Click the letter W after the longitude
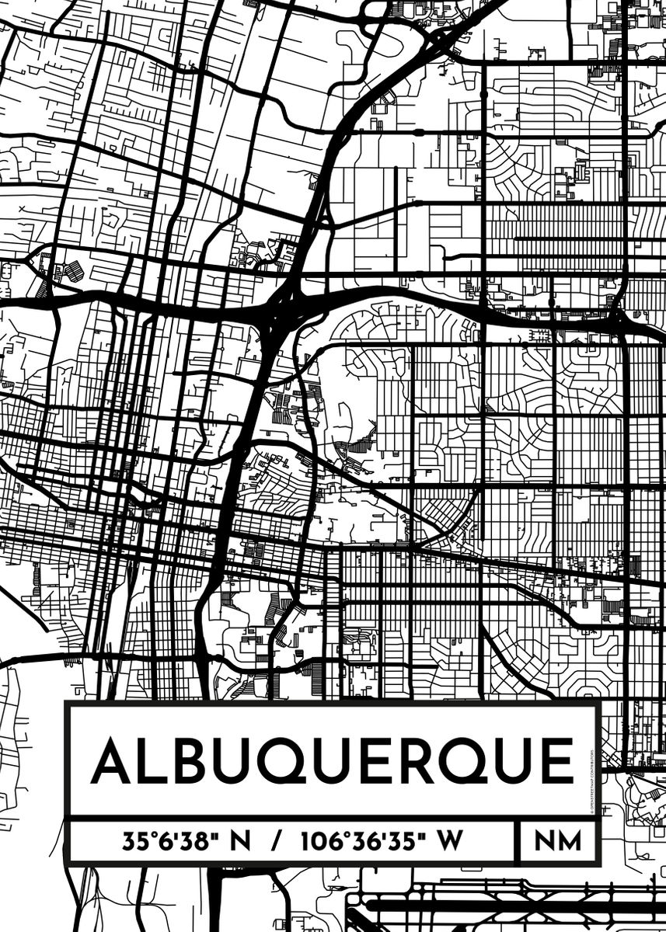tap(450, 841)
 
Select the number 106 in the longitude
tap(319, 841)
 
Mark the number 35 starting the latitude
tap(133, 841)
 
